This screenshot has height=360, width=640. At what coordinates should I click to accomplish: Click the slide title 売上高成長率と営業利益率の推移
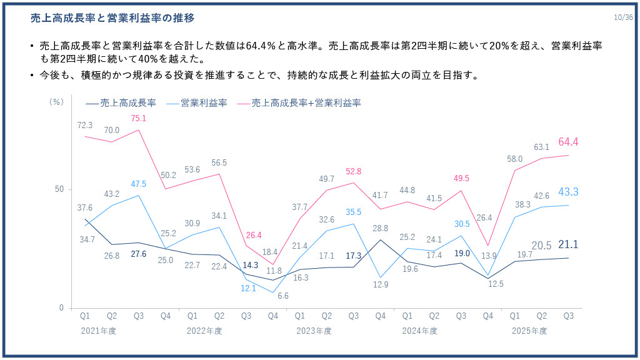112,19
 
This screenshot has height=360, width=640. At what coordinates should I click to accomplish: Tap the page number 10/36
623,17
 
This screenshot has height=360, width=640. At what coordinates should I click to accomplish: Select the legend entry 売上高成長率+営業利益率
306,102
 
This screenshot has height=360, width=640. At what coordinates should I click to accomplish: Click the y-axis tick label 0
61,308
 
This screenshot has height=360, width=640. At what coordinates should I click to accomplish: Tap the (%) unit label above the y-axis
56,102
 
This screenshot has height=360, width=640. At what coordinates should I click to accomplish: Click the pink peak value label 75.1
138,119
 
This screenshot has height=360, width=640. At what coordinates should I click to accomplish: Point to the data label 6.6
282,296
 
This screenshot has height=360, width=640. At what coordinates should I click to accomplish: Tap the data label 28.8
380,229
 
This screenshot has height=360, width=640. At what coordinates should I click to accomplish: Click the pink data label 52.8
353,171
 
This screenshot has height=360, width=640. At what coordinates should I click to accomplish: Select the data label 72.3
85,126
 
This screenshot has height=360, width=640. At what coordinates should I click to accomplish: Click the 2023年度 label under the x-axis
314,331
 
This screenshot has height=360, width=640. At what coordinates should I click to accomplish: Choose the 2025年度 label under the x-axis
529,331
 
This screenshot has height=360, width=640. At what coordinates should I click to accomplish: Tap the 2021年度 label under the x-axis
98,331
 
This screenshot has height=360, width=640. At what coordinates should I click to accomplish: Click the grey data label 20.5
541,246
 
